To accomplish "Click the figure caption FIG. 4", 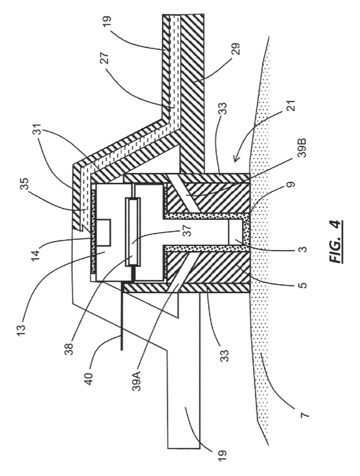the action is pos(338,241).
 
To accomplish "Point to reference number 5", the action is pos(303,285).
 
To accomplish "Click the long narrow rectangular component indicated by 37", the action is pos(132,232).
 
